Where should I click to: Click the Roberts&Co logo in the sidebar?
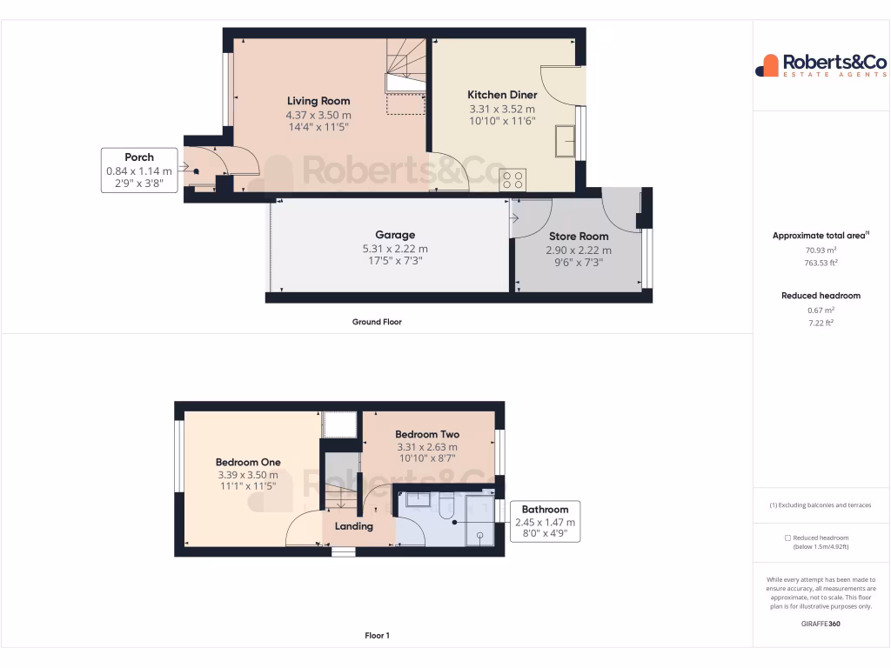pyautogui.click(x=821, y=65)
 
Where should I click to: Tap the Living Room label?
pyautogui.click(x=318, y=101)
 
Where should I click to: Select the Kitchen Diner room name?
pyautogui.click(x=502, y=95)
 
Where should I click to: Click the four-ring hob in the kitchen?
pyautogui.click(x=512, y=179)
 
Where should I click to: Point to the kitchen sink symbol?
pyautogui.click(x=565, y=141)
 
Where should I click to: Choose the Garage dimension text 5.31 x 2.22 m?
pyautogui.click(x=394, y=249)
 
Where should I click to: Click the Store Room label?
pyautogui.click(x=578, y=236)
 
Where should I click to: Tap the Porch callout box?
pyautogui.click(x=139, y=170)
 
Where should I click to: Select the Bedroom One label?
pyautogui.click(x=248, y=462)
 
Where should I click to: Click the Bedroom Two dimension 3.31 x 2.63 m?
pyautogui.click(x=426, y=447)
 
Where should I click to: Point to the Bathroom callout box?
pyautogui.click(x=545, y=522)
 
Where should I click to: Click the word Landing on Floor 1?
pyautogui.click(x=354, y=526)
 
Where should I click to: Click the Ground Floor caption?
pyautogui.click(x=377, y=322)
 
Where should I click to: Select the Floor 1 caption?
pyautogui.click(x=377, y=636)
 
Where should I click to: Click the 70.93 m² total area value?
pyautogui.click(x=821, y=250)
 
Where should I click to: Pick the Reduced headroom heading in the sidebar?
pyautogui.click(x=821, y=296)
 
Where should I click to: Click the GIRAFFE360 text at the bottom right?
pyautogui.click(x=821, y=624)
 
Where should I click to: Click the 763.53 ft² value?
pyautogui.click(x=821, y=262)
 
